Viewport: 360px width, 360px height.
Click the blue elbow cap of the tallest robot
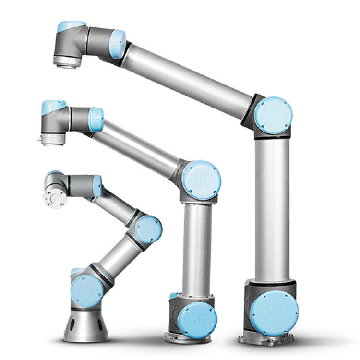[x=273, y=115]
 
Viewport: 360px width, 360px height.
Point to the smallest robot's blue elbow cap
[x=148, y=229]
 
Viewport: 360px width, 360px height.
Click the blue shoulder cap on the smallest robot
[x=87, y=291]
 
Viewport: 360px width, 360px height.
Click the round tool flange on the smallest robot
[x=54, y=197]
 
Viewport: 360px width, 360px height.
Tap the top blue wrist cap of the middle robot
[x=53, y=107]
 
